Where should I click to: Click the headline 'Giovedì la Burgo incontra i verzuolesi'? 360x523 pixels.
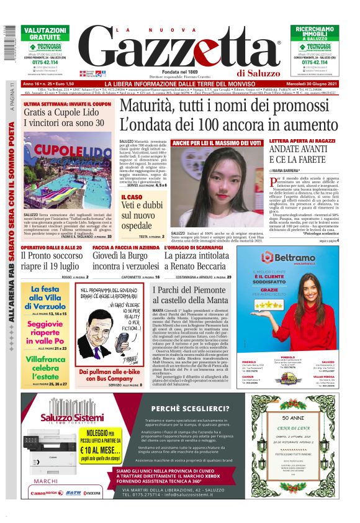pyautogui.click(x=124, y=261)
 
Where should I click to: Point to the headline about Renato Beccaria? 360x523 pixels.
pyautogui.click(x=198, y=261)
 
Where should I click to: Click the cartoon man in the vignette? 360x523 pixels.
pyautogui.click(x=106, y=335)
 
